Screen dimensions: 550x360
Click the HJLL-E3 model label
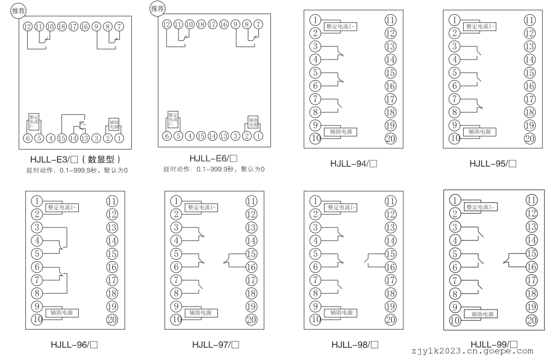[75, 159]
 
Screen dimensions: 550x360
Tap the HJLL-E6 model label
[213, 158]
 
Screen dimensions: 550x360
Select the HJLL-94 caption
[354, 164]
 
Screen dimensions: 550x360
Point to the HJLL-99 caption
[494, 344]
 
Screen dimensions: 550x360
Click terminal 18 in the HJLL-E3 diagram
[62, 27]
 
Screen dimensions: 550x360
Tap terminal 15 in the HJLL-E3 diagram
[62, 138]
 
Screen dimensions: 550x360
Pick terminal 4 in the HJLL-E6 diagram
[190, 136]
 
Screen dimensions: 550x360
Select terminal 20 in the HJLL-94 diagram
[391, 139]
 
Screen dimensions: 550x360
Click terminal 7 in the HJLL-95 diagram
[455, 99]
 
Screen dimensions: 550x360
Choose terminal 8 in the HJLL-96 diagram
[37, 293]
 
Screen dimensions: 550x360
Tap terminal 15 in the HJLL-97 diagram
[251, 254]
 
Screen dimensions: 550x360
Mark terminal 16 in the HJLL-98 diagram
[391, 267]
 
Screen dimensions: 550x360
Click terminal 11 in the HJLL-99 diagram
[532, 200]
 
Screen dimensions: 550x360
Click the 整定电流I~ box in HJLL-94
[340, 26]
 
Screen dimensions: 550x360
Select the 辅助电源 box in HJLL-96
[62, 313]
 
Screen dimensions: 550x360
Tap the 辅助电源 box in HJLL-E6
[253, 123]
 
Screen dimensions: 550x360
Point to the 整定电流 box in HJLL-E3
[34, 122]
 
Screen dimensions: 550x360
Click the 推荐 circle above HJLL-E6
[157, 9]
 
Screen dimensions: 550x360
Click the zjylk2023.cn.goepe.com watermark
[472, 351]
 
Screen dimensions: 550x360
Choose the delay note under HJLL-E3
[77, 171]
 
